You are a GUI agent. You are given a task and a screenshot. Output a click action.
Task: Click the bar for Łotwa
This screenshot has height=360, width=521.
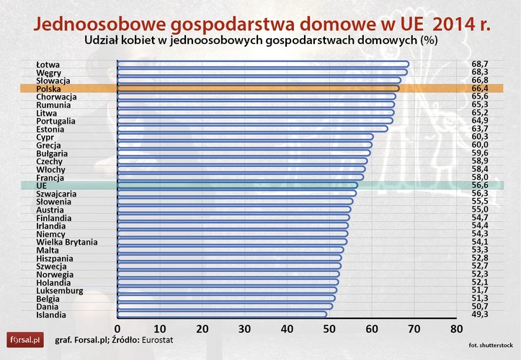(263, 64)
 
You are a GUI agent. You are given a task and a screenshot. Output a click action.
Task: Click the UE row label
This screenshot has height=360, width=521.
(41, 186)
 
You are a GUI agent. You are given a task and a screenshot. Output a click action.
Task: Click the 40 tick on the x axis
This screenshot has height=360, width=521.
(287, 329)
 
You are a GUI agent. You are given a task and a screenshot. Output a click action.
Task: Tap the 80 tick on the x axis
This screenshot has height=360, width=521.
(456, 329)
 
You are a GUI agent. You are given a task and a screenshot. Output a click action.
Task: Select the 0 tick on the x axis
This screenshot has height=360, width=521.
(117, 329)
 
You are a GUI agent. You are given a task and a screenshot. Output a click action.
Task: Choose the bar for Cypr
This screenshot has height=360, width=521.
(245, 137)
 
